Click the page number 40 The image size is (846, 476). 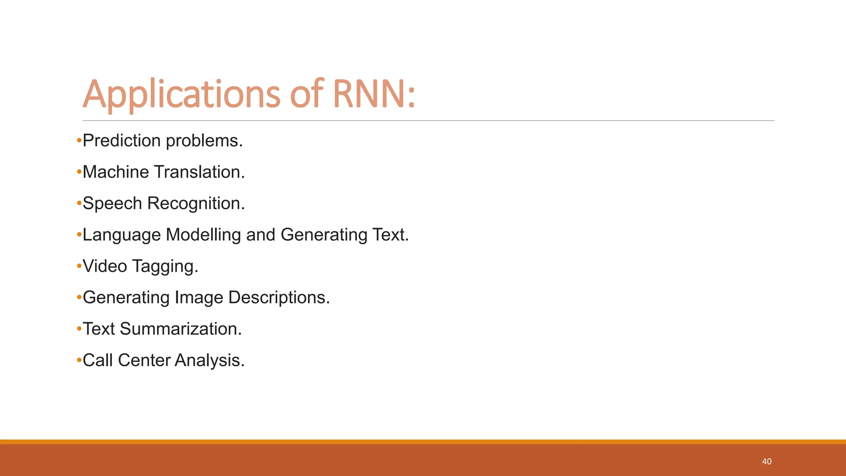[x=767, y=462]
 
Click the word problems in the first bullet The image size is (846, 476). [x=204, y=141]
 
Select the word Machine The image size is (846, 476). [x=116, y=172]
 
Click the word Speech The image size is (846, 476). [x=112, y=204]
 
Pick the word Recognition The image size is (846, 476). [x=196, y=204]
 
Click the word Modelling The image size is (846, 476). [x=203, y=235]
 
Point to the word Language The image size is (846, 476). [x=121, y=235]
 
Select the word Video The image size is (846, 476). [x=105, y=267]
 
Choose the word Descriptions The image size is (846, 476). [x=279, y=298]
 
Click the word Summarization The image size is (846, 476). [x=181, y=329]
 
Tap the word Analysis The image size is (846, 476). [x=209, y=361]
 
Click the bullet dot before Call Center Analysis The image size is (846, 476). [x=79, y=361]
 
